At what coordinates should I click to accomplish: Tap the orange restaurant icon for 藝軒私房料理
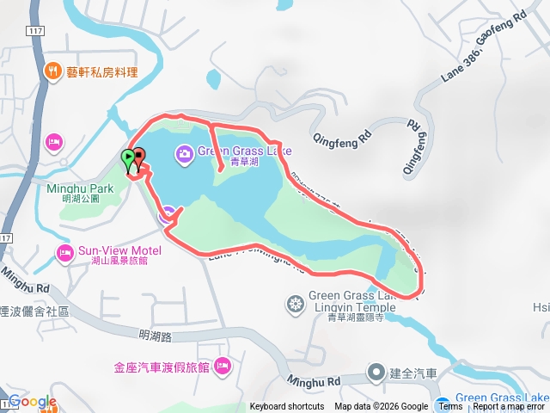point(53,71)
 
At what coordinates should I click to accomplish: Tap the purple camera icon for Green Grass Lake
point(184,153)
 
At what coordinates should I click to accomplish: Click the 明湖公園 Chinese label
point(81,199)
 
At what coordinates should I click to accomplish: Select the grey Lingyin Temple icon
point(296,303)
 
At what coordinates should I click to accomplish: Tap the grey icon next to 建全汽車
point(376,373)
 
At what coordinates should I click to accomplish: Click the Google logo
point(32,402)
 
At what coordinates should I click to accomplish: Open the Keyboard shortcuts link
point(287,407)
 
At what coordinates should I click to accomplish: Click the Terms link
point(450,407)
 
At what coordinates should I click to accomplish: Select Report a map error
point(510,407)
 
